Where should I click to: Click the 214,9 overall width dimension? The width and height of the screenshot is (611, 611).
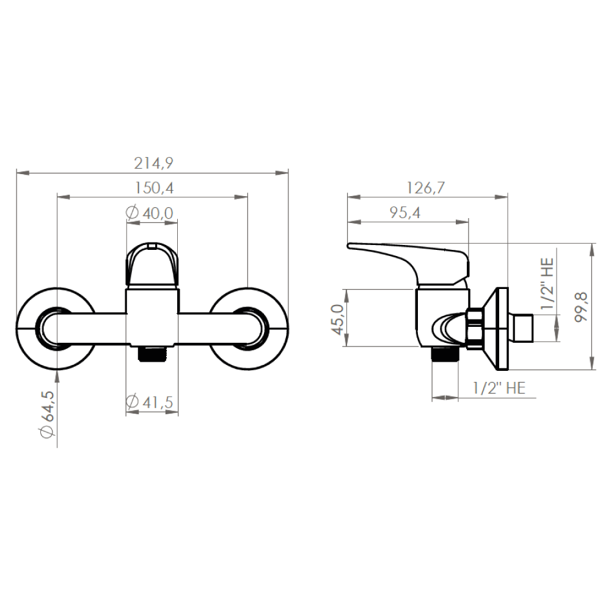click(153, 163)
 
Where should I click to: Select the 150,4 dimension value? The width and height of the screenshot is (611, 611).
click(154, 188)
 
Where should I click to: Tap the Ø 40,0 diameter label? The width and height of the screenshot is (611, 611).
click(150, 213)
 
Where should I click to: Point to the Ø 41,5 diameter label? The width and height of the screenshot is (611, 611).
click(150, 402)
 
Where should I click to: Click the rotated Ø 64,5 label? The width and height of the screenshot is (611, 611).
click(47, 414)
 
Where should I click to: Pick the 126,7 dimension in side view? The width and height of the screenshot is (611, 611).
click(425, 188)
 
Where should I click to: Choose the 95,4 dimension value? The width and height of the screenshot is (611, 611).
click(405, 213)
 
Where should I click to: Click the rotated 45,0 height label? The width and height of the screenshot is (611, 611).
click(337, 320)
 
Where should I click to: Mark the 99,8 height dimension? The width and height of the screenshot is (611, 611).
click(580, 307)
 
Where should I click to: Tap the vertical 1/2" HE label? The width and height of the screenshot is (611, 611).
click(547, 284)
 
